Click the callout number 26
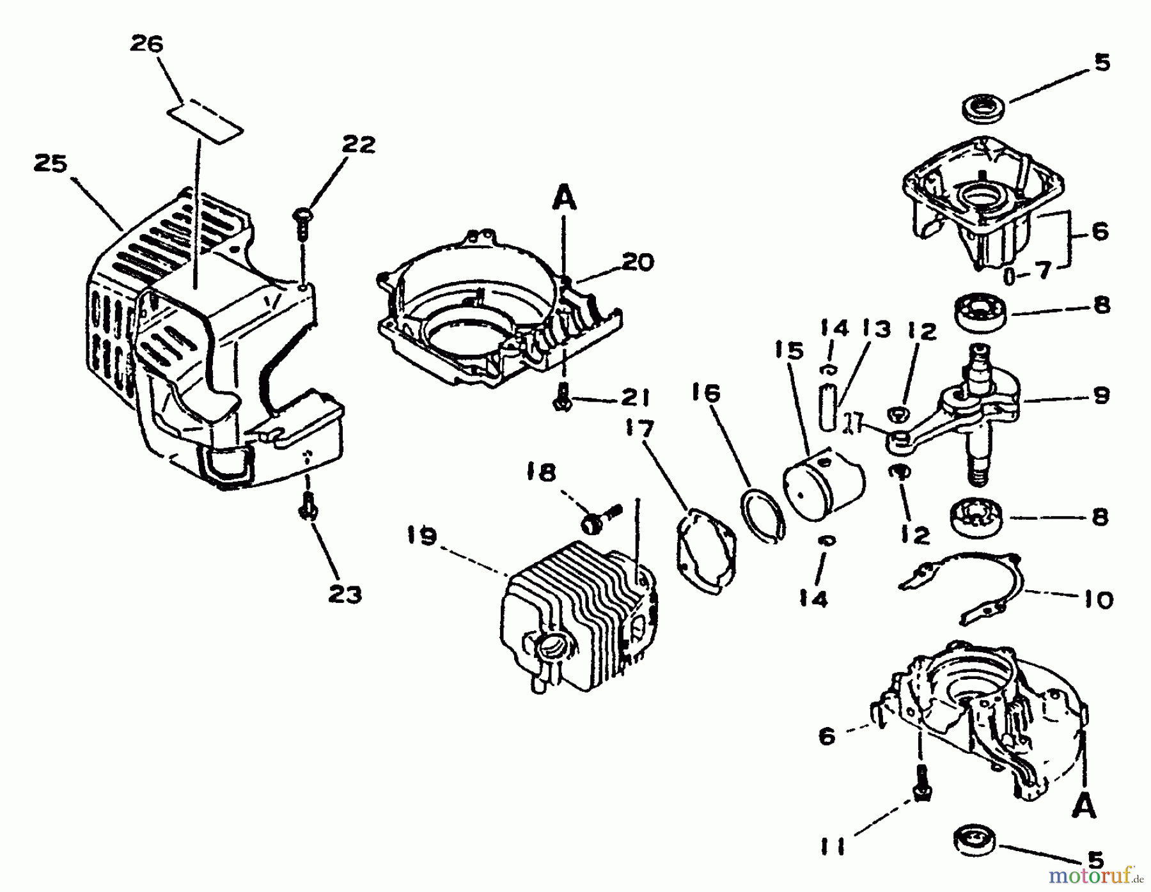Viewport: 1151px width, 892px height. coord(146,44)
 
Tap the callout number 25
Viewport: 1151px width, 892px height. coord(51,164)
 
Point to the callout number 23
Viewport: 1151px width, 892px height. coord(345,594)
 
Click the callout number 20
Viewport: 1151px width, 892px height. coord(636,262)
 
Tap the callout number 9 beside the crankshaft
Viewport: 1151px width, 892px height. coord(1100,396)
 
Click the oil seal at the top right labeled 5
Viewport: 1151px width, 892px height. coord(985,106)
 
